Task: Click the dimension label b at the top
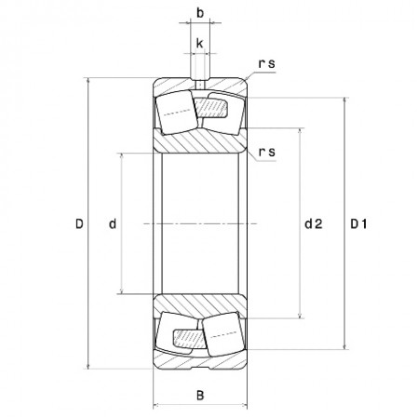(x=199, y=13)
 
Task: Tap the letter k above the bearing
(x=199, y=43)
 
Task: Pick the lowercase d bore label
(x=112, y=223)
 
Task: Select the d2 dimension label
(x=313, y=223)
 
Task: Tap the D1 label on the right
(x=359, y=223)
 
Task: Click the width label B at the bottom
(x=199, y=395)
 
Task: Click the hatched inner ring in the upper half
(x=199, y=141)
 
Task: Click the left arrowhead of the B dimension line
(x=156, y=406)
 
